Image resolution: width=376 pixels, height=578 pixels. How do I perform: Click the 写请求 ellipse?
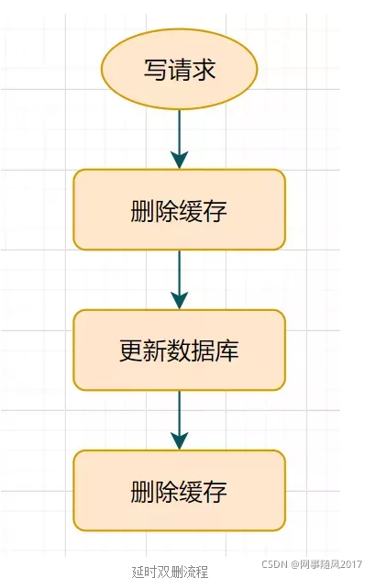tap(180, 70)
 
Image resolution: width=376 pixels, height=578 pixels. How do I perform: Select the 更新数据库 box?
tap(180, 350)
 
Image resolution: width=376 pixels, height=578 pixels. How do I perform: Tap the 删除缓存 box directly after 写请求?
tap(180, 209)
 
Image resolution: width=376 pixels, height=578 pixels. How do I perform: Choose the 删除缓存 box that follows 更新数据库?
tap(180, 490)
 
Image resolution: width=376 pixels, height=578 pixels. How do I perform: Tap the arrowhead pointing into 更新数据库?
tap(180, 300)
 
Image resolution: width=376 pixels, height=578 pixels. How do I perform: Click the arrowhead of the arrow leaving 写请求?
tap(180, 160)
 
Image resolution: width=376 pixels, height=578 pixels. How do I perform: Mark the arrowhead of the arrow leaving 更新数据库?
tap(180, 440)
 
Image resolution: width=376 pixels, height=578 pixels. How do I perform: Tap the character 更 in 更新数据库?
tap(131, 350)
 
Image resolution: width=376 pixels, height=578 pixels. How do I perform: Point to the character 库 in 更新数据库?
tap(228, 350)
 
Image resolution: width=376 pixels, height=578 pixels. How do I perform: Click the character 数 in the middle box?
tap(180, 350)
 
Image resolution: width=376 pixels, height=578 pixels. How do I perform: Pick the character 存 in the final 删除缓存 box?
tap(216, 491)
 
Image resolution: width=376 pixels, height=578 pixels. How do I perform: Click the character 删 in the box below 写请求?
tap(144, 210)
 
